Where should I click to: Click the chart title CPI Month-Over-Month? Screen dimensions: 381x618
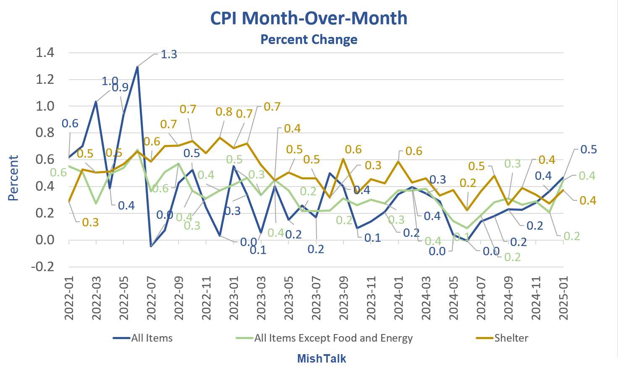click(309, 18)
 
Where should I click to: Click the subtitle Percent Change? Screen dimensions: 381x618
click(309, 39)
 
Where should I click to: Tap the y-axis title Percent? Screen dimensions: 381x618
click(13, 178)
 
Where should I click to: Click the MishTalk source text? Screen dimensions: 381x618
click(322, 359)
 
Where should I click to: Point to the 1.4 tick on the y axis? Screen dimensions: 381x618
click(45, 53)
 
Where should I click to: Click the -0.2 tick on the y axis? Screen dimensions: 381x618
click(43, 267)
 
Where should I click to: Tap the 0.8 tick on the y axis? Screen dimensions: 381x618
click(45, 133)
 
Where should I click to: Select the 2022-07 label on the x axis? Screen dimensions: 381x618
click(151, 298)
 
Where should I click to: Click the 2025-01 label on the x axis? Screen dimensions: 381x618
click(563, 298)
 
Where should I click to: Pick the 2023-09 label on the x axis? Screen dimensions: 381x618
click(343, 298)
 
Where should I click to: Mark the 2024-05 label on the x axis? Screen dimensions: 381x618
click(453, 298)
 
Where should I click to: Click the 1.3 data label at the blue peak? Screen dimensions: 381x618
click(169, 54)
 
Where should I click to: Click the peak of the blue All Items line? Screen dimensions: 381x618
click(137, 67)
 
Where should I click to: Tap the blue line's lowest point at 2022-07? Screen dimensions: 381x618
click(151, 246)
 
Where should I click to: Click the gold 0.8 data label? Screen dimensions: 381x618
click(224, 112)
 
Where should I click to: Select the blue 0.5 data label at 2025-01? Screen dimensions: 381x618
click(588, 150)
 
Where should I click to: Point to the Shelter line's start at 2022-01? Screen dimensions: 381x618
click(69, 202)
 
